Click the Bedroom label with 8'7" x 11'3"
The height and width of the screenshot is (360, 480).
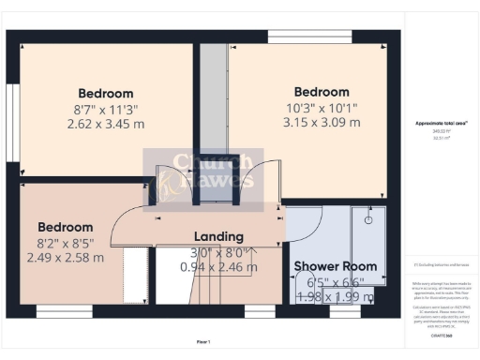[x=105, y=94]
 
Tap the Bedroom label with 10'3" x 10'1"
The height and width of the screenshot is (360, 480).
[x=322, y=92]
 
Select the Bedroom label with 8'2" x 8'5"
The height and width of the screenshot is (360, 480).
[x=65, y=227]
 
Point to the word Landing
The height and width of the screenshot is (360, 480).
[x=217, y=236]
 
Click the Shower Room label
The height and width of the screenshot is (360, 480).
[x=335, y=266]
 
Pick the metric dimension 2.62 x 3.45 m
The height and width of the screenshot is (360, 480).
[x=105, y=124]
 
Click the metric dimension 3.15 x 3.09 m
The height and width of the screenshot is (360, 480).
[x=322, y=122]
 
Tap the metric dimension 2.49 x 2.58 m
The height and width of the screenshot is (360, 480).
[x=65, y=257]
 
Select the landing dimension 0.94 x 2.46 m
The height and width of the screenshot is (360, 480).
[x=217, y=266]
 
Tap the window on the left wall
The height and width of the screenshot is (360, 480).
[x=11, y=112]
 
